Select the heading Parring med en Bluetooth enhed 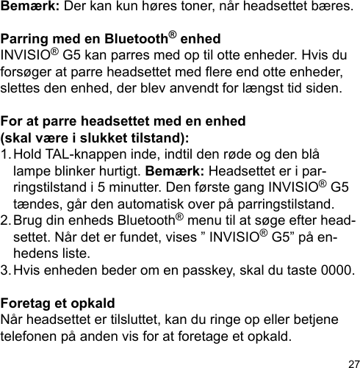tap(96, 39)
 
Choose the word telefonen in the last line tap(32, 337)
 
